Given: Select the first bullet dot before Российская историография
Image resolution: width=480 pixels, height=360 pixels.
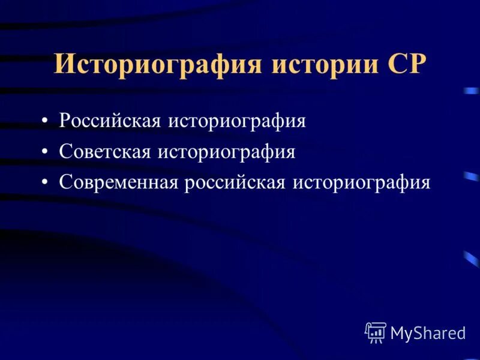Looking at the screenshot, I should pos(46,122).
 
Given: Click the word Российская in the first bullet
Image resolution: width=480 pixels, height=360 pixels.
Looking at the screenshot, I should pos(110,121).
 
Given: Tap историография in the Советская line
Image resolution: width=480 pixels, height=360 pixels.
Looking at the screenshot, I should pos(226,152).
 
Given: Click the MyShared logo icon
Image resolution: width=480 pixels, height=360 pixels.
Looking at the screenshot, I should pos(376,332).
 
